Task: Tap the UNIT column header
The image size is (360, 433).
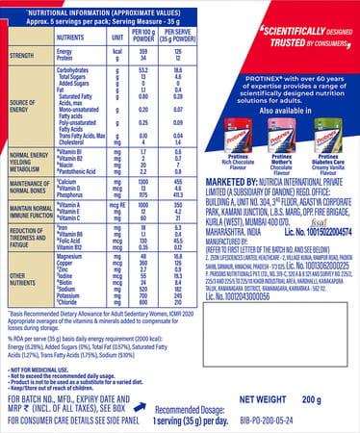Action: (115, 34)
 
